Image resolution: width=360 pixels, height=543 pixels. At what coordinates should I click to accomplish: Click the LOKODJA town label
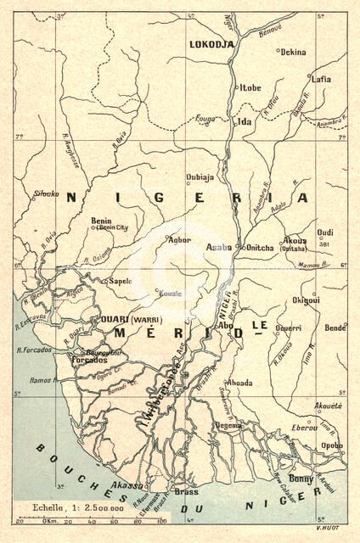tap(211, 44)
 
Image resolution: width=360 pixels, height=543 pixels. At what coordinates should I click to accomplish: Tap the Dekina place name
tap(293, 52)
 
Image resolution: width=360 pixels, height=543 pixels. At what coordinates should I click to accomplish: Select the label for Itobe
tap(250, 87)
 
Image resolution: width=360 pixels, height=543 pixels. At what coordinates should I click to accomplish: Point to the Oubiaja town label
tap(200, 177)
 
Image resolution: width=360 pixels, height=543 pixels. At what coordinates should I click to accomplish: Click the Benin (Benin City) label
tap(103, 224)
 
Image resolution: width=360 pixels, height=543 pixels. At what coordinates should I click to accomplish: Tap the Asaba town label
tap(218, 247)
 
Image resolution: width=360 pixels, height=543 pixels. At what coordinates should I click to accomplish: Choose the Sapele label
tap(118, 278)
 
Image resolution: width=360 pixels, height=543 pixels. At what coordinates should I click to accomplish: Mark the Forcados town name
tap(94, 360)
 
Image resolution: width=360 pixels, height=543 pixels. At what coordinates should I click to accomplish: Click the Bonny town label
tap(301, 479)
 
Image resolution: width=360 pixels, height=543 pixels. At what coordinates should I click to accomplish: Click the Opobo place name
tap(333, 445)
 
